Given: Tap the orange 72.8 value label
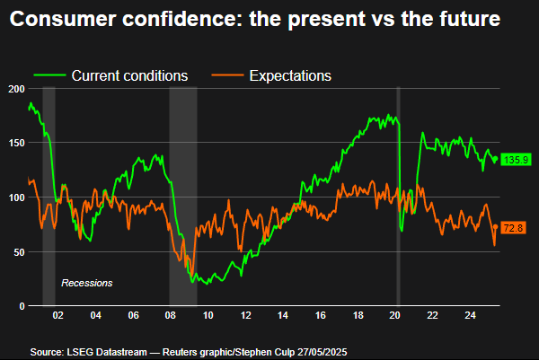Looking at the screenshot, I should (513, 229).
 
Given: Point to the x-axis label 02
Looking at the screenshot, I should (57, 316).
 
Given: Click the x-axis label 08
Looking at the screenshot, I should (170, 316).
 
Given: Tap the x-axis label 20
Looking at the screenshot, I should (394, 316).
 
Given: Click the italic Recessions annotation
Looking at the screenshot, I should (86, 283).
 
